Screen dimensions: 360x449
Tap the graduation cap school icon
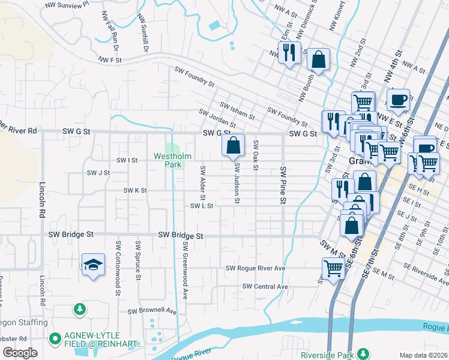[93, 265]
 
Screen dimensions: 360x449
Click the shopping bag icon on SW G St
[233, 145]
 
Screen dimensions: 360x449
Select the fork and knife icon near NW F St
[289, 52]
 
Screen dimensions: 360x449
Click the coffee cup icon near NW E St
[399, 99]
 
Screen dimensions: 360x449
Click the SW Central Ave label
[265, 287]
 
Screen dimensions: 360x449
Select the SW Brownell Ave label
[152, 311]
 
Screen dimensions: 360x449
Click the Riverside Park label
[331, 353]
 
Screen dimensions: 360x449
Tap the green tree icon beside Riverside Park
[363, 353]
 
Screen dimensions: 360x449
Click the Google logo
[20, 353]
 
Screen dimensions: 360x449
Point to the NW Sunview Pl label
[68, 4]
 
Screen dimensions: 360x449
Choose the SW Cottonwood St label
[118, 260]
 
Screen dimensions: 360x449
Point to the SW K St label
[135, 190]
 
